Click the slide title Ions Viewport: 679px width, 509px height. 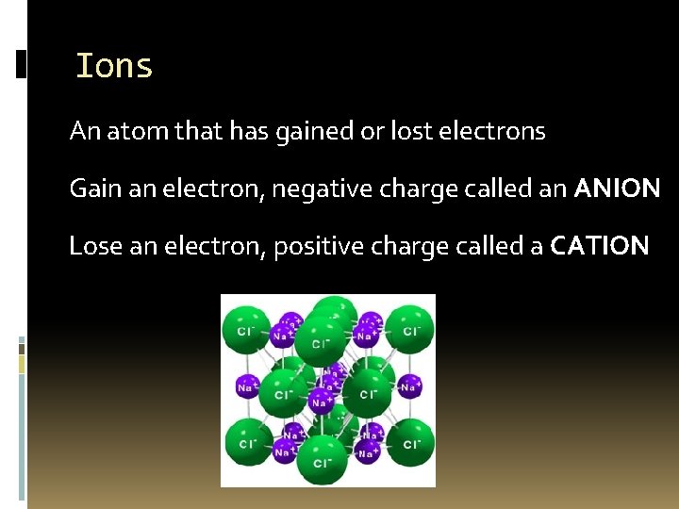click(114, 66)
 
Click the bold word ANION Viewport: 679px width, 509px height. click(617, 189)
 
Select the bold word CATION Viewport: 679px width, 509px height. click(600, 246)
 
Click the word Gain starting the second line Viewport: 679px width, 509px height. click(91, 189)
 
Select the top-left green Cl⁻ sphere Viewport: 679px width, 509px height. click(245, 331)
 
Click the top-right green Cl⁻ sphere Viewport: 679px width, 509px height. click(410, 330)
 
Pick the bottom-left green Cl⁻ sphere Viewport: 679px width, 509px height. click(247, 443)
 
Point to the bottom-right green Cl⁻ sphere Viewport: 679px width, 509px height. click(410, 443)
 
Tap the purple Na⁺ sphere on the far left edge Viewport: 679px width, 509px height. click(247, 386)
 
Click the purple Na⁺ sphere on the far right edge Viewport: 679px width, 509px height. click(408, 386)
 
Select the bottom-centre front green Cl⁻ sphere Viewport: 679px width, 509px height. click(322, 461)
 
